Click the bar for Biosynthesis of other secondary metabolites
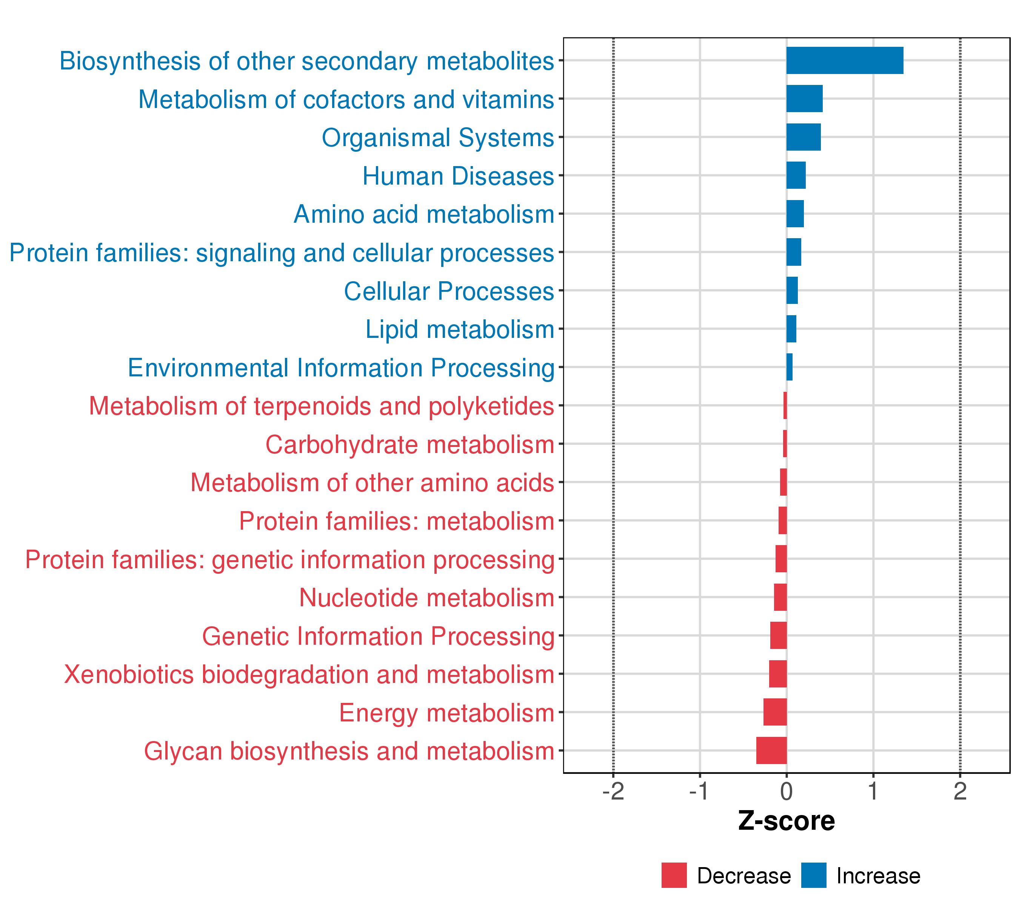coord(845,60)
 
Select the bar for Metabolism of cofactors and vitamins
coord(804,99)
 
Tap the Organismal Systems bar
coord(803,137)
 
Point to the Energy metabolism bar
coord(775,712)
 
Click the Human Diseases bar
coord(796,176)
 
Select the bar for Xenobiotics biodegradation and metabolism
coord(778,673)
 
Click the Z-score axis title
coord(786,821)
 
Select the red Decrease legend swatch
coord(674,875)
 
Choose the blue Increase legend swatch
coord(814,875)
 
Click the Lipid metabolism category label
coord(460,330)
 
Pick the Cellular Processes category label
coord(449,291)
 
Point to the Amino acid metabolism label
coord(424,214)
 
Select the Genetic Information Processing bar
coord(778,635)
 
